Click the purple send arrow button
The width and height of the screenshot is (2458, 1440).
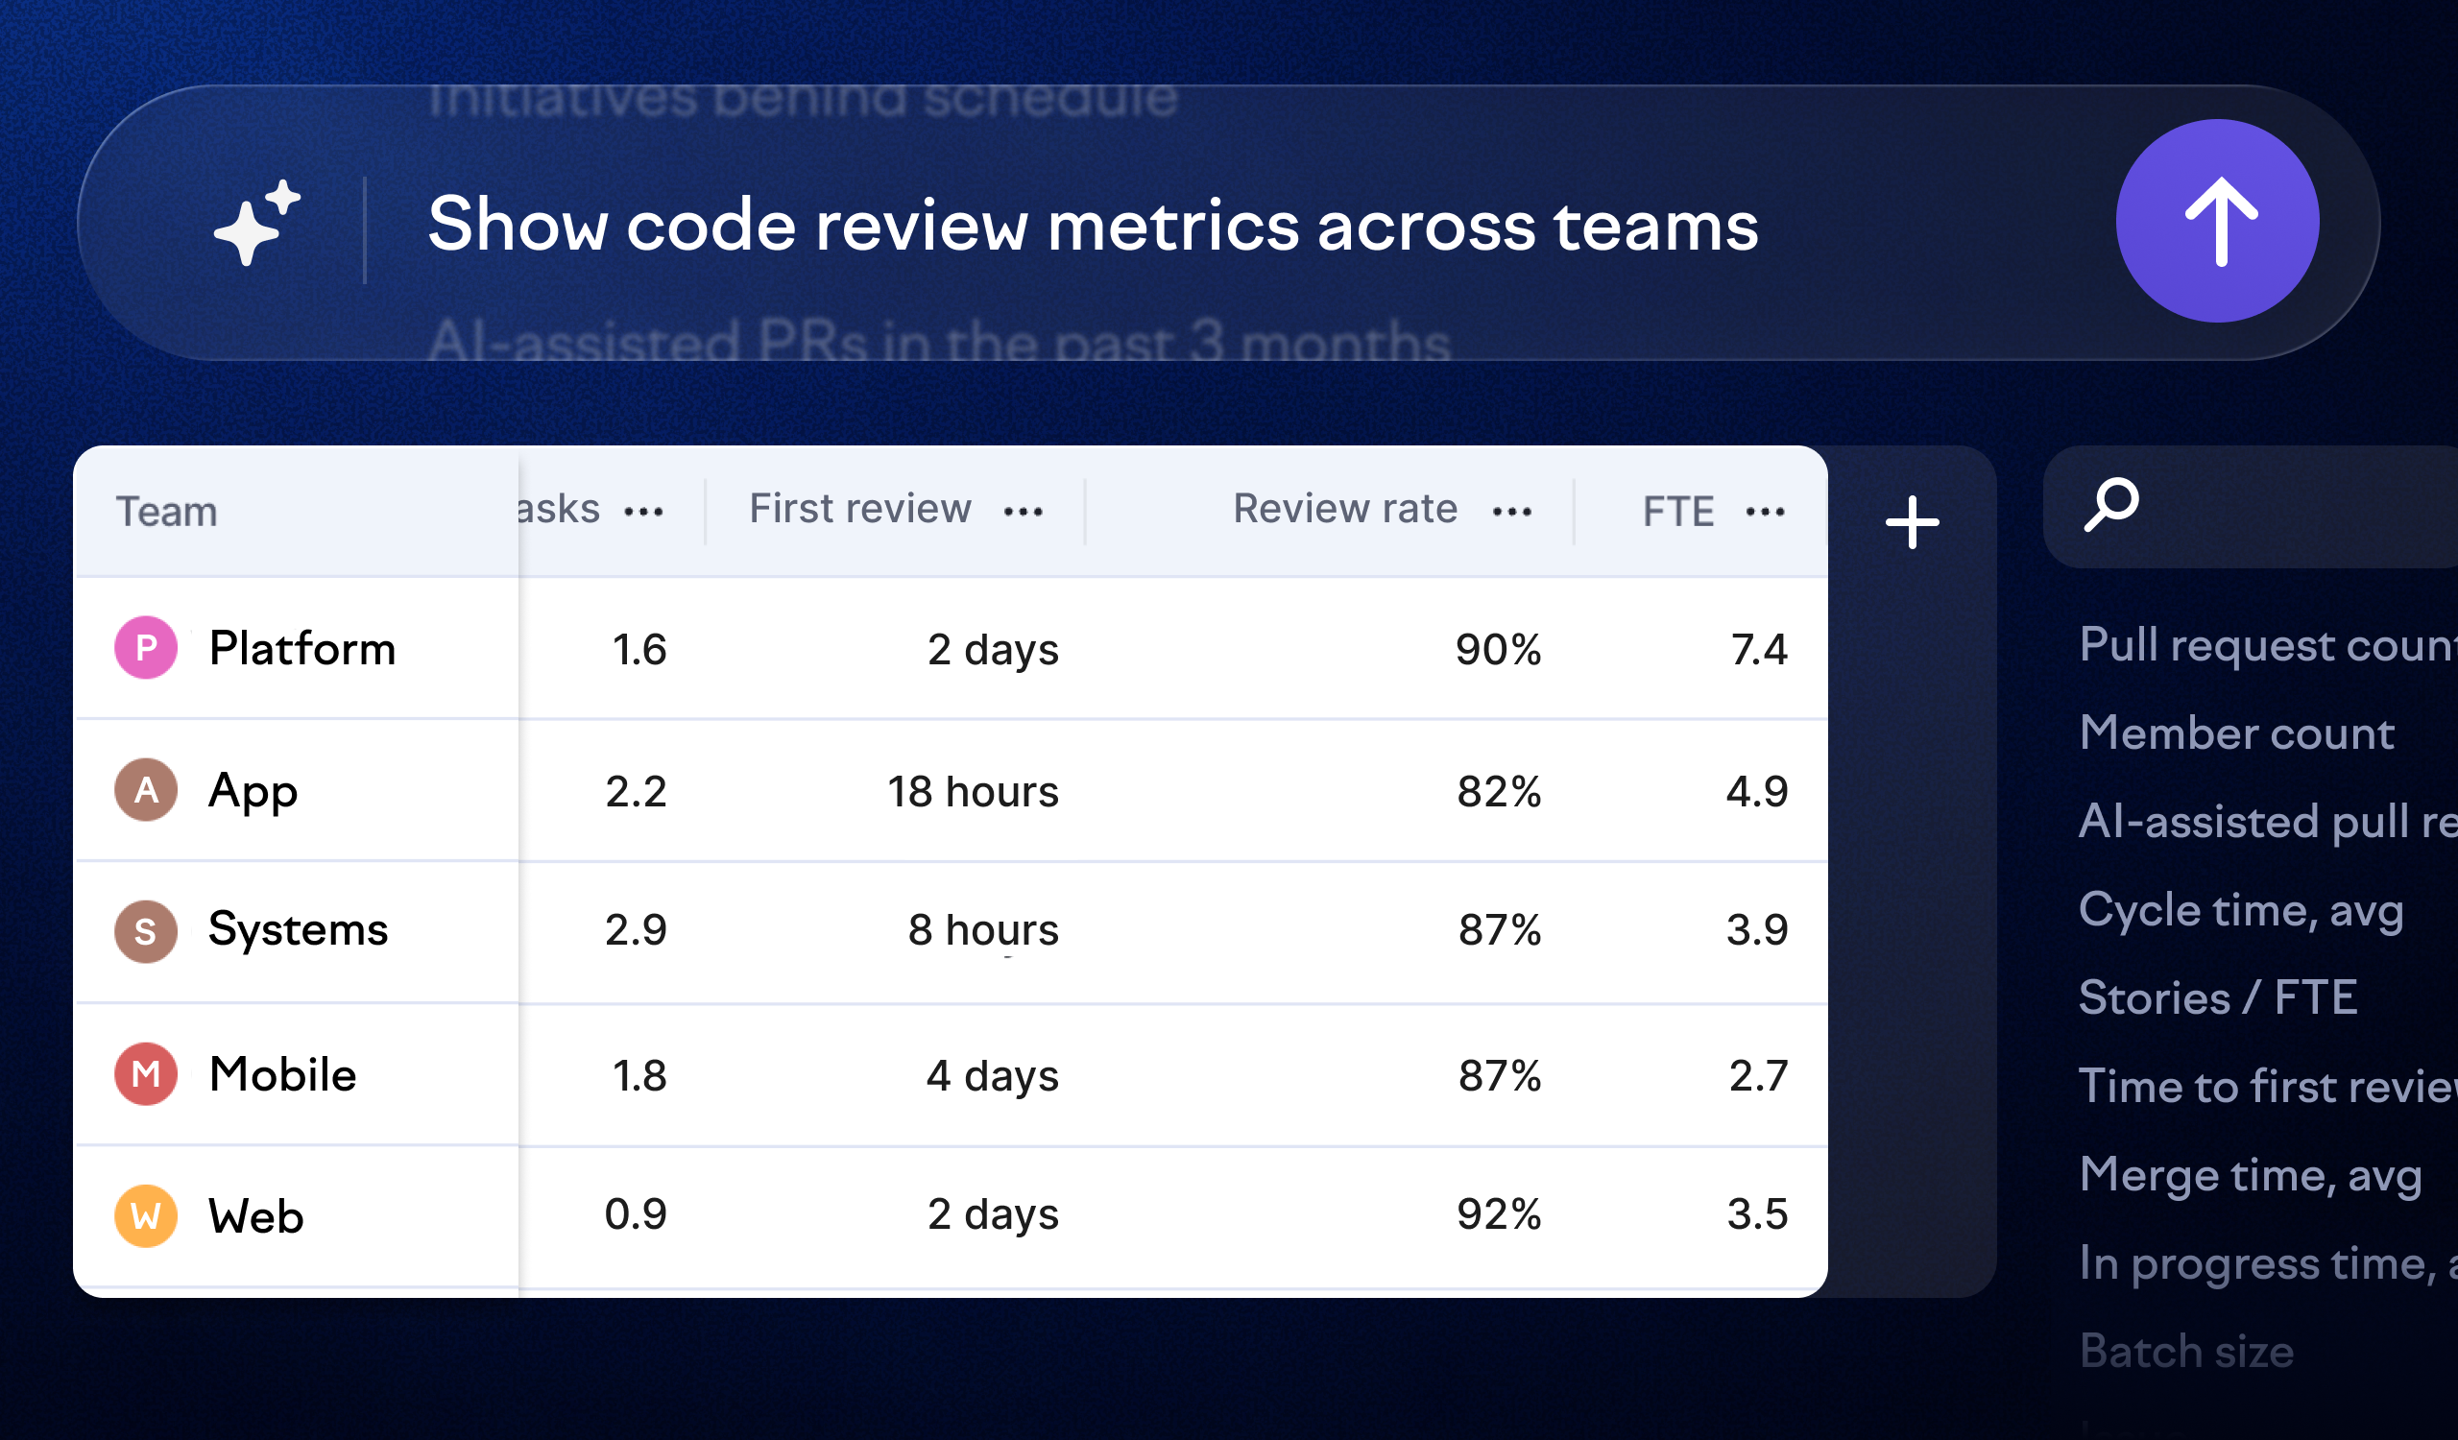2216,222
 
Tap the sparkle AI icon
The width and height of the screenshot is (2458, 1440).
256,224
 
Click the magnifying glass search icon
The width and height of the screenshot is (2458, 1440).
2110,504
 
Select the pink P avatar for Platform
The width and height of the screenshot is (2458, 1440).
146,647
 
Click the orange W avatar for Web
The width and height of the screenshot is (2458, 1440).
146,1215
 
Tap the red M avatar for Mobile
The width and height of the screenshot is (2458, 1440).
146,1074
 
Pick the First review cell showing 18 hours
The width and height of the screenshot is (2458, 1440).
973,791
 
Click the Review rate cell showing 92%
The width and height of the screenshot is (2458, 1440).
1498,1214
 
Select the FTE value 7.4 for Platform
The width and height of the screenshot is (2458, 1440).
1759,649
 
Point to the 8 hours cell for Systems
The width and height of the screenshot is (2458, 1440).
982,929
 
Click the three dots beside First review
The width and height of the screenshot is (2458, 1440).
1024,511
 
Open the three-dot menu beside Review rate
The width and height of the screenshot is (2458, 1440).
1512,511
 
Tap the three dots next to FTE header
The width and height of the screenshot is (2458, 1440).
1765,511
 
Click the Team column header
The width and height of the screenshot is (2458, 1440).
167,512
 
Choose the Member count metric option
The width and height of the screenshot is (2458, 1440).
2235,733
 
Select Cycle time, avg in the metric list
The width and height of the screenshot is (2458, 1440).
2240,911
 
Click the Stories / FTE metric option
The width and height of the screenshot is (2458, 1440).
2218,997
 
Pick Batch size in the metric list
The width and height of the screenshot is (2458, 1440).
2186,1352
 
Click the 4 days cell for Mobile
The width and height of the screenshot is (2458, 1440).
992,1075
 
